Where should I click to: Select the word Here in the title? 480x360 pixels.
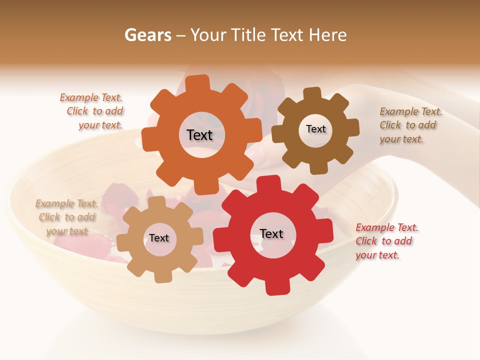(x=327, y=35)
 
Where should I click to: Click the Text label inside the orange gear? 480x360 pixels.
(x=199, y=135)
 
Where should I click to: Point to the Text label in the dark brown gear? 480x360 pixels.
(x=315, y=129)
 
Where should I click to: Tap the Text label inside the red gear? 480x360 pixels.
(x=271, y=233)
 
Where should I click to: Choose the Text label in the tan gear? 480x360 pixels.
(x=159, y=238)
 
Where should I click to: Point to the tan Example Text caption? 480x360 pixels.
(x=67, y=217)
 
